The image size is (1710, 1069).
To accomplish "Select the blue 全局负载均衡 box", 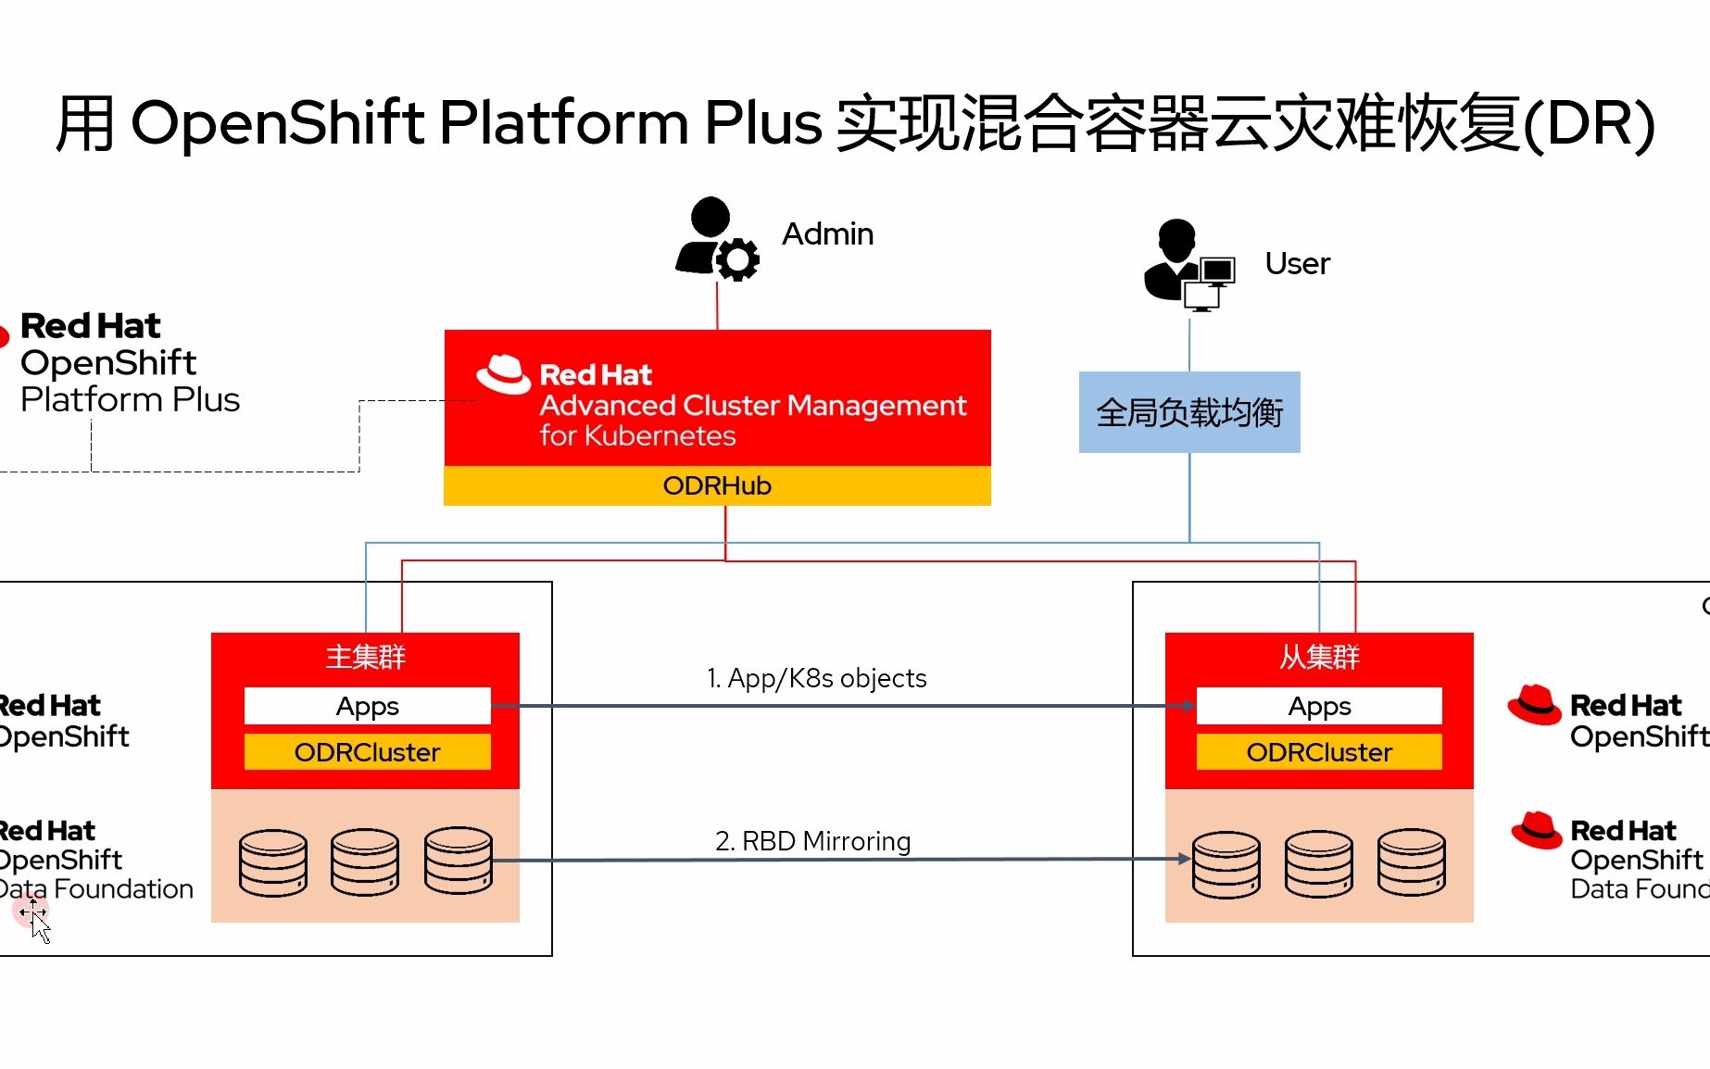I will pos(1189,412).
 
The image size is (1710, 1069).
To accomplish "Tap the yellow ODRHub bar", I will pos(717,485).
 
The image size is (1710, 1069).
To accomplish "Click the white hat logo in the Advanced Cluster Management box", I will pos(503,374).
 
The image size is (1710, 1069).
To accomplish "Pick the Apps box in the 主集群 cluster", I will pos(367,706).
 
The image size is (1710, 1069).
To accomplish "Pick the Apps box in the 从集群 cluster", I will pos(1319,706).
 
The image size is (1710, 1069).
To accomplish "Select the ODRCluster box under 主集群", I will pos(367,752).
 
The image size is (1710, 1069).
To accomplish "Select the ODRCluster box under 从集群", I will pos(1319,752).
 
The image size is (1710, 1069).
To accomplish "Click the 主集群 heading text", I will pos(366,657).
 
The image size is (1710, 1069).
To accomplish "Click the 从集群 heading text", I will pos(1319,657).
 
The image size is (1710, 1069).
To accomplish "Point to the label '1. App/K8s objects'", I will pos(816,678).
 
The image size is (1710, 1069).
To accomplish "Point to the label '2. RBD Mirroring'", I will pos(812,841).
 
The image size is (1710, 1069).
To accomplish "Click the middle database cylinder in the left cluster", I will pos(365,862).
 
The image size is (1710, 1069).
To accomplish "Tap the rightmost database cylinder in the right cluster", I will pos(1411,863).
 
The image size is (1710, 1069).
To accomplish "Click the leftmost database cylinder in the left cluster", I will pos(272,862).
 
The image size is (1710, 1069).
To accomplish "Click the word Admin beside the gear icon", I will pos(827,233).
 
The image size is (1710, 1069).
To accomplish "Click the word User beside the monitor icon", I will pos(1297,264).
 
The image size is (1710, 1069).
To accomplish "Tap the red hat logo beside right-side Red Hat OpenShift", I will pos(1534,705).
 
